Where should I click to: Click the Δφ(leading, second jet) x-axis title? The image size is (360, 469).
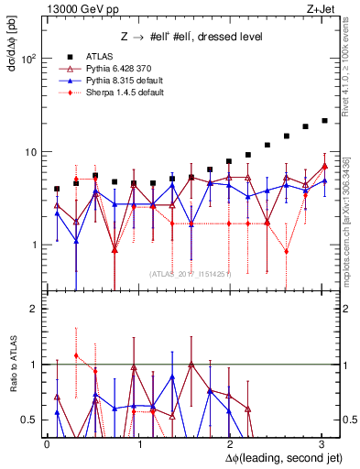[x=275, y=457]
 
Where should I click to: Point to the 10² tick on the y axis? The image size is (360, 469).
[x=29, y=59]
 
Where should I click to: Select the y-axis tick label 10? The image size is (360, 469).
[x=30, y=152]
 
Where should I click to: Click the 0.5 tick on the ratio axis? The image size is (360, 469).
[x=28, y=420]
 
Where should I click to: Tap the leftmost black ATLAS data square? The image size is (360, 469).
[x=57, y=189]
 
